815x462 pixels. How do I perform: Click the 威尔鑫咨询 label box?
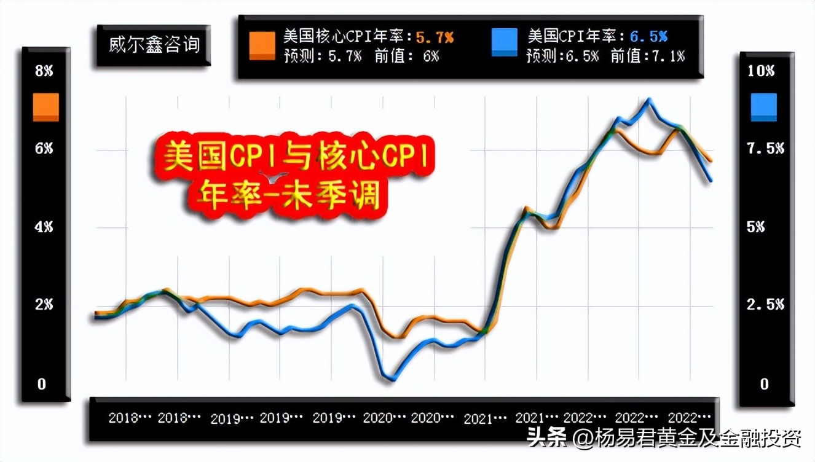point(154,45)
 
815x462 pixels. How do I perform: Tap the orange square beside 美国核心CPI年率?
point(262,45)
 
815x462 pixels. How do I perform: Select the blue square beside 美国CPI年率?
point(504,42)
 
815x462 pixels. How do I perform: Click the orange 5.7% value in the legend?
point(435,37)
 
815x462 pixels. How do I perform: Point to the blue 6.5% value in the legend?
point(648,37)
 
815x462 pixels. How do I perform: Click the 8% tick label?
point(44,71)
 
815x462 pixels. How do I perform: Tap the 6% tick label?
point(44,149)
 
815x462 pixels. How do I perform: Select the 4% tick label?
point(44,227)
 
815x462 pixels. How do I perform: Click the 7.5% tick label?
point(765,149)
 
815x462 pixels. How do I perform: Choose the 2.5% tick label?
point(765,305)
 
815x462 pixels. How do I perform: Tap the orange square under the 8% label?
point(45,107)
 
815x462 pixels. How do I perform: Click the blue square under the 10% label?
point(763,107)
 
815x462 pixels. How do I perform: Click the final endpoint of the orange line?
point(711,161)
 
